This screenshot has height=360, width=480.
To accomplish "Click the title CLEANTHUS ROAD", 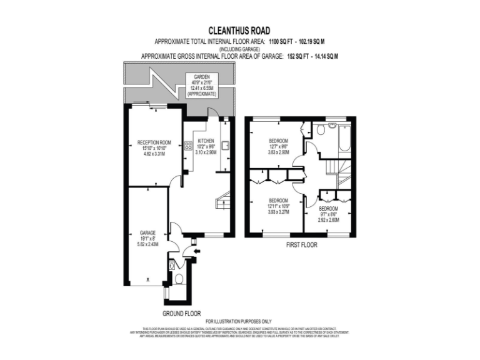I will (x=239, y=29).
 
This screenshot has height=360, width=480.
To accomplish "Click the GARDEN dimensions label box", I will (x=201, y=84).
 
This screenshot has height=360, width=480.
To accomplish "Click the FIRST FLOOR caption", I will (x=301, y=246).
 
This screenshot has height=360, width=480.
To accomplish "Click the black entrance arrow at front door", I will (x=197, y=251).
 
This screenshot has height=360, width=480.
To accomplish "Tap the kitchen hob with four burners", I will (x=187, y=146).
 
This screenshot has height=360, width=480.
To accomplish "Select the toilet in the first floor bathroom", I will (x=321, y=130).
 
